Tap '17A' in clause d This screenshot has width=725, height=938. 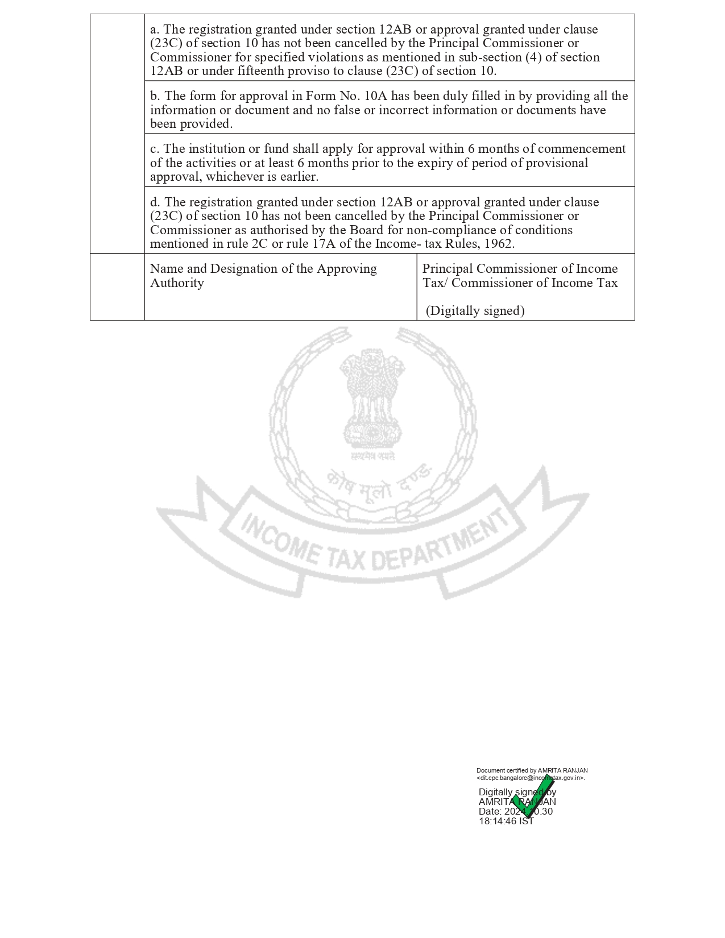pos(324,244)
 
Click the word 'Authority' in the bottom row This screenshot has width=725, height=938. pos(177,283)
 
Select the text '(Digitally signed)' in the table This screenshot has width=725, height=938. pos(475,311)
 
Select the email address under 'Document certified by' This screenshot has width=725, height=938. pos(531,778)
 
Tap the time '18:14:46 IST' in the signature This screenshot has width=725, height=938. pos(506,821)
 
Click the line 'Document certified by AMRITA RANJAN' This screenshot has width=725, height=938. pos(532,771)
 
